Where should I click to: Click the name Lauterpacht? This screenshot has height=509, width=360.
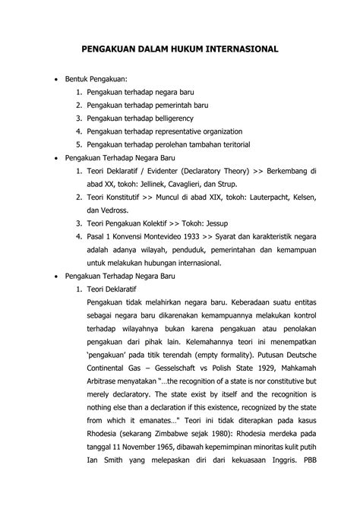point(255,197)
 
